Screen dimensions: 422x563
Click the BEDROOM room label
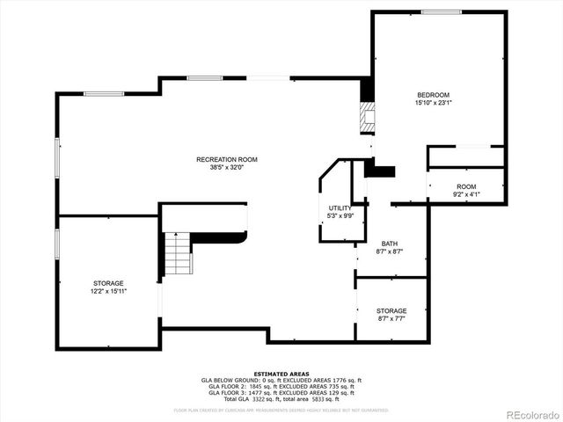[x=433, y=95]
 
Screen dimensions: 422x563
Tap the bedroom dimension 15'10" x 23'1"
[x=433, y=103]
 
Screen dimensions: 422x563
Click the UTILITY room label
[x=340, y=207]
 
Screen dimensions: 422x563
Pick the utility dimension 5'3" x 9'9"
[x=340, y=215]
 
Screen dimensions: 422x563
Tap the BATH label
[x=390, y=244]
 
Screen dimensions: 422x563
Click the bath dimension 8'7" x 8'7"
[x=390, y=251]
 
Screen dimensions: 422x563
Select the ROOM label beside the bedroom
[x=466, y=186]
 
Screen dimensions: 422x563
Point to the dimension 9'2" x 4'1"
[x=466, y=194]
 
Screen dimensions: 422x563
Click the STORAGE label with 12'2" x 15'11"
[x=108, y=283]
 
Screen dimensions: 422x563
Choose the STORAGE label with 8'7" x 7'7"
[x=391, y=311]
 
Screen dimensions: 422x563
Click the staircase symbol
[x=178, y=255]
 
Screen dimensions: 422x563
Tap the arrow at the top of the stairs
[x=176, y=235]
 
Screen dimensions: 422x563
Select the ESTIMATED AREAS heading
[x=281, y=374]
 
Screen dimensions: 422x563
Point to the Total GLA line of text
[x=281, y=398]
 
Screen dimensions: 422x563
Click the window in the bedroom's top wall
[x=441, y=11]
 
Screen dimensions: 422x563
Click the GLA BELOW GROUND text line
[x=281, y=380]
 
